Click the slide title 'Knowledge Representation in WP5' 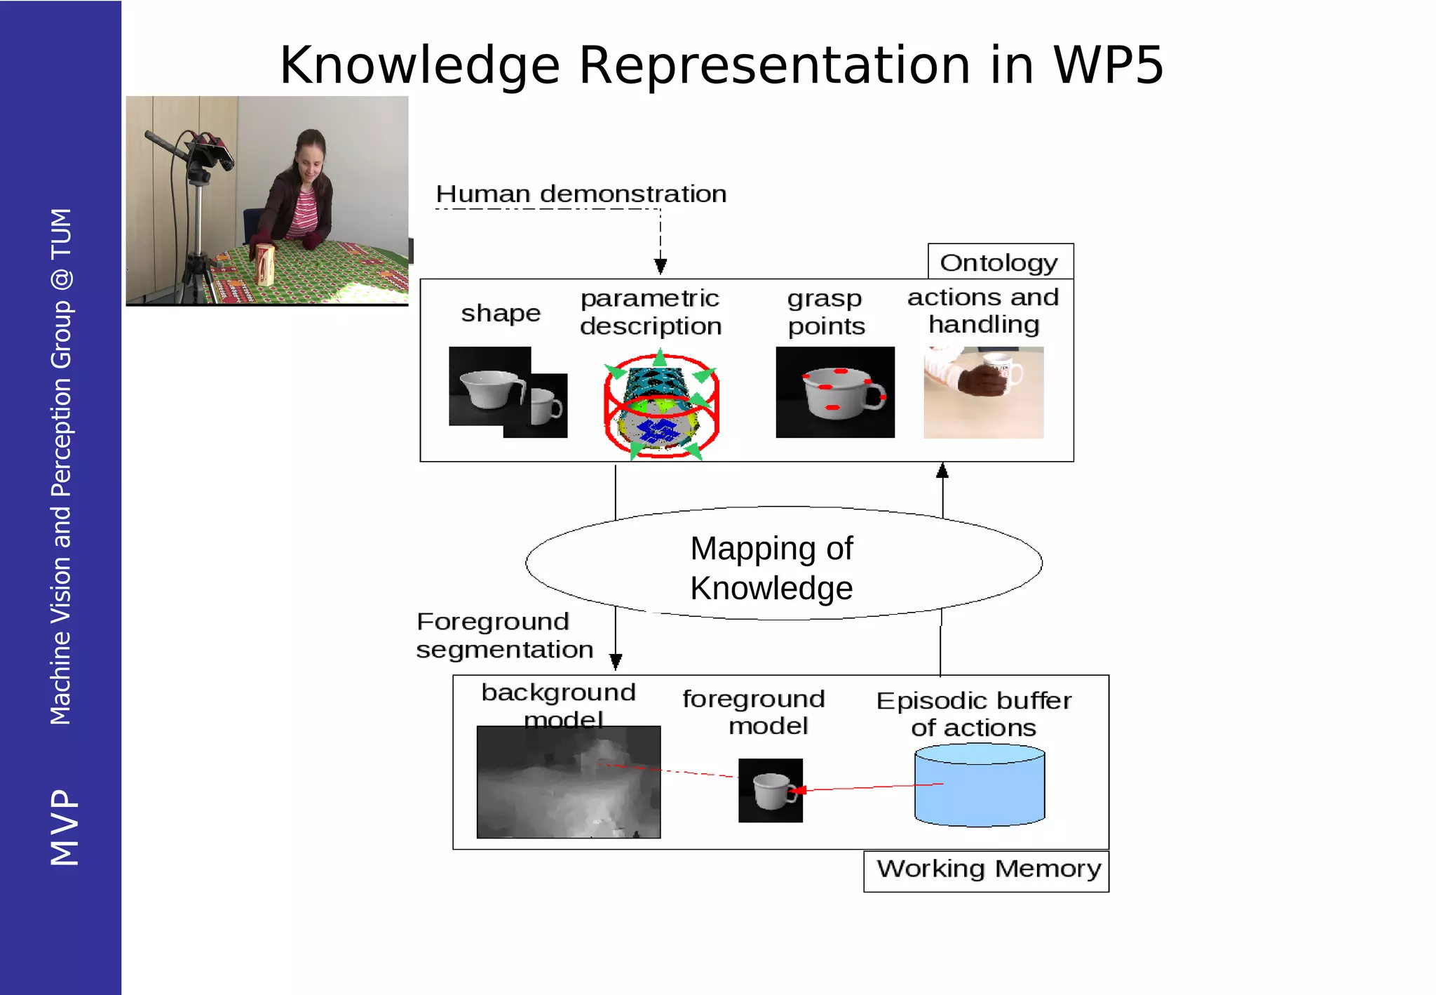tap(722, 65)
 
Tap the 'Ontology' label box tap(1000, 262)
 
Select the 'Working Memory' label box tap(987, 870)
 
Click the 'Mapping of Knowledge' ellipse tap(783, 564)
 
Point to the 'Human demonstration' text tap(581, 194)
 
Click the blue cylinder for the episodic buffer tap(980, 785)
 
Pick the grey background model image tap(568, 782)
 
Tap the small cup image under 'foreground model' tap(770, 790)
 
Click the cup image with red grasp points tap(834, 392)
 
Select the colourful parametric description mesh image tap(661, 406)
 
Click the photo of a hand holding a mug tap(983, 392)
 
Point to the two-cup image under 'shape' tap(508, 392)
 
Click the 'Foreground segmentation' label tap(504, 636)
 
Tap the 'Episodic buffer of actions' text tap(973, 714)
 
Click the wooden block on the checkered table tap(264, 265)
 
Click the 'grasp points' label tap(825, 313)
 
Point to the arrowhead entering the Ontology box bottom tap(942, 470)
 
